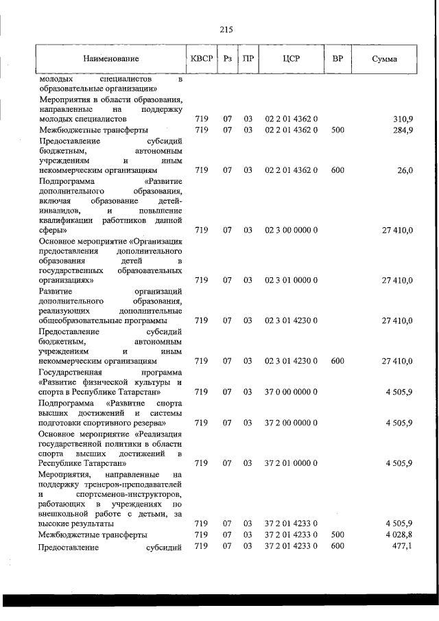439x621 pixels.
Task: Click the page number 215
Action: [226, 30]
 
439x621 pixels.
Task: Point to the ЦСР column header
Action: [291, 59]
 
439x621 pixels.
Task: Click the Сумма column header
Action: [384, 59]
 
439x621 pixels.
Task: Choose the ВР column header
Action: [337, 59]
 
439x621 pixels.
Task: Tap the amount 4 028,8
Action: [399, 533]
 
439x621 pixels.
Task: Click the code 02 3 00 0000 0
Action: [291, 230]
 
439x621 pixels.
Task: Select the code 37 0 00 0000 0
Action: [291, 392]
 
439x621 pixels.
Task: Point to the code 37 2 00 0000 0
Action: [291, 423]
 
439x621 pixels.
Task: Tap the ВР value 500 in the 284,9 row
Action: [337, 130]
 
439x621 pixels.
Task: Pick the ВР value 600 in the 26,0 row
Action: [337, 169]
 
